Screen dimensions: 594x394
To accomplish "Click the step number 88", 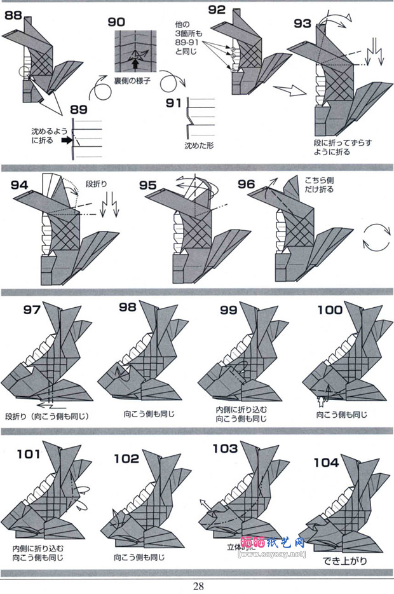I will pos(14,15).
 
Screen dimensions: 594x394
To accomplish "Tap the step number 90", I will pos(116,22).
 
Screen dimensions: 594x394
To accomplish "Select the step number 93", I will pos(302,24).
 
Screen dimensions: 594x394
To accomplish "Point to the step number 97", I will pos(32,310).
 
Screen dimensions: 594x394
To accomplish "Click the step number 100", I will pos(330,310).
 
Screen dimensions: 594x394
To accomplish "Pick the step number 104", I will pos(326,462).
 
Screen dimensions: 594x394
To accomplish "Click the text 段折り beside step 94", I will pos(97,184).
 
